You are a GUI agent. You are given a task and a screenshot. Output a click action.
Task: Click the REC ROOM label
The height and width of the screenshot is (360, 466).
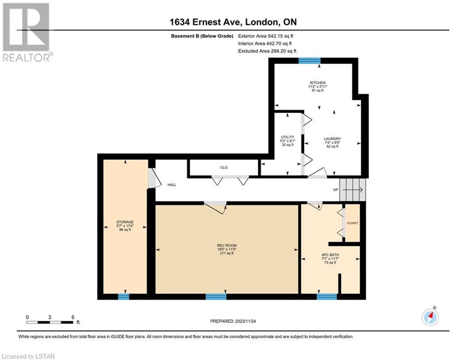click(227, 246)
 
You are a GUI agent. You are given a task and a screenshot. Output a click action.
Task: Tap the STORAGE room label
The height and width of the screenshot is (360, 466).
click(125, 222)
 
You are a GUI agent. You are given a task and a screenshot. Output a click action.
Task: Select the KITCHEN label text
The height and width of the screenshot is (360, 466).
click(318, 82)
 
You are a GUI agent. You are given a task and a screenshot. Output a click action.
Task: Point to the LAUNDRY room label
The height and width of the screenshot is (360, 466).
click(332, 139)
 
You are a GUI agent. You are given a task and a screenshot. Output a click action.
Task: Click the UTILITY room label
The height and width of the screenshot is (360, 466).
click(288, 137)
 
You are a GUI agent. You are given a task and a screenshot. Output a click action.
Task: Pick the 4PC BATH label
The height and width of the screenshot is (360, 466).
click(330, 255)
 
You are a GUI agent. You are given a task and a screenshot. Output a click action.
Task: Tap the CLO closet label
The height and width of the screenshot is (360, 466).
click(224, 167)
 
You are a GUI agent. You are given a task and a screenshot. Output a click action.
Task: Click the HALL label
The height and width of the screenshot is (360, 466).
click(172, 185)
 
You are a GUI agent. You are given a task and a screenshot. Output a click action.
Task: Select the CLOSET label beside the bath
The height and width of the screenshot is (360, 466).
click(353, 223)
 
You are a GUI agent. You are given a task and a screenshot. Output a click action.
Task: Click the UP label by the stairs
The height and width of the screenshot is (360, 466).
click(335, 190)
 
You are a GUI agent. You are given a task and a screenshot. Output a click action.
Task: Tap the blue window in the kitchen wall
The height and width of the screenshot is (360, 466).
click(310, 61)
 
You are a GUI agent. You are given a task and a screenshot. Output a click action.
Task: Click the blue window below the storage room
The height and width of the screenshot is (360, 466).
click(124, 297)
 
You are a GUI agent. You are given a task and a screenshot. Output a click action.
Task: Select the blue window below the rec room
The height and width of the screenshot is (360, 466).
click(216, 297)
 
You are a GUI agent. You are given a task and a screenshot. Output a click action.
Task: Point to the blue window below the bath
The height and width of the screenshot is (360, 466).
click(326, 297)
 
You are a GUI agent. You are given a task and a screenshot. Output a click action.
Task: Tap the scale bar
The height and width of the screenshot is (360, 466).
click(50, 322)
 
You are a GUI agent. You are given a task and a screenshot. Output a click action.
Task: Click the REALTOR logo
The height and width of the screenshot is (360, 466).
click(28, 32)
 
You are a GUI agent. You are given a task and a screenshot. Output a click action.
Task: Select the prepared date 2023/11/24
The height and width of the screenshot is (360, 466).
click(245, 321)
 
